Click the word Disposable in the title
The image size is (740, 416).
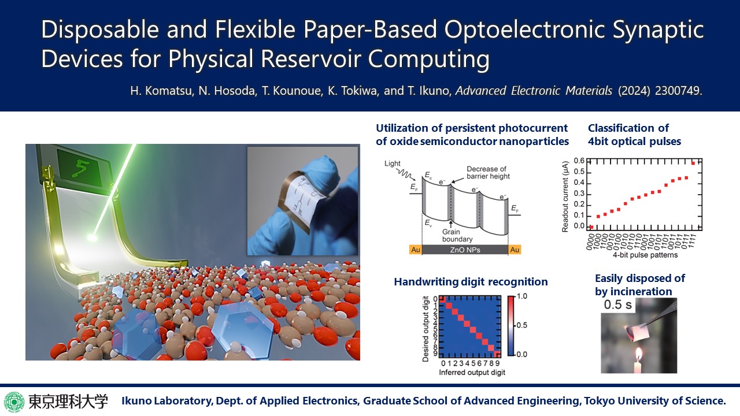[100, 29]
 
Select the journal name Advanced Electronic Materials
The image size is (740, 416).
[534, 91]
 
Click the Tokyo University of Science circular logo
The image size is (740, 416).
[14, 402]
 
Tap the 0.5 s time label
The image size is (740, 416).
[618, 304]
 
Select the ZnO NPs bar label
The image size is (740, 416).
[465, 250]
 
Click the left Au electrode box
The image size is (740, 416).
[416, 250]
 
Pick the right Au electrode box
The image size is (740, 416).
[515, 250]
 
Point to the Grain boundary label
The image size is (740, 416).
[457, 235]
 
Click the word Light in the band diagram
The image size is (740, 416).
[392, 164]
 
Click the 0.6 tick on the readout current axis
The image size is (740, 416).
[579, 161]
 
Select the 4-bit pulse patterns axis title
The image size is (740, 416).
[645, 255]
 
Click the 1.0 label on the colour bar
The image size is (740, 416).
[521, 296]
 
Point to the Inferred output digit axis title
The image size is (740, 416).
[472, 373]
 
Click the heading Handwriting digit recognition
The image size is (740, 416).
[471, 281]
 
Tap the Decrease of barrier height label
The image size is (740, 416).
[488, 173]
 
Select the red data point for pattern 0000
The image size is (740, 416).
[591, 227]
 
